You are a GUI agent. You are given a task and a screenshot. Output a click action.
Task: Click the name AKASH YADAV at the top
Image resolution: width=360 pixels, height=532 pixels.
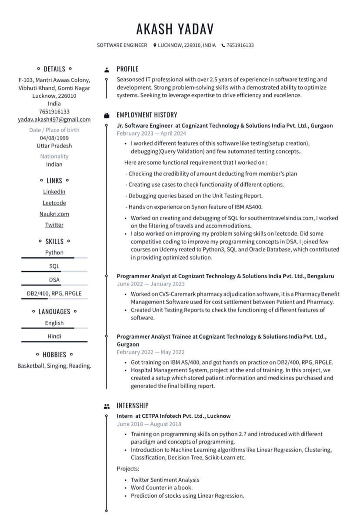tap(175, 29)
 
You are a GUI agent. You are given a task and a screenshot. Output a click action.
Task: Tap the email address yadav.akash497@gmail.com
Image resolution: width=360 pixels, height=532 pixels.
tap(54, 120)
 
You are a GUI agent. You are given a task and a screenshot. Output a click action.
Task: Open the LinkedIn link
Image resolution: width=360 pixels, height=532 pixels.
tap(54, 192)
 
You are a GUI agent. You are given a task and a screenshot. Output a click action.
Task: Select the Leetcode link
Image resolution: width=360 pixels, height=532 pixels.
tap(54, 203)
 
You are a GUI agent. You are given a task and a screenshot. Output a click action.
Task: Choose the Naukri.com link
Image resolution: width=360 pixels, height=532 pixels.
tap(54, 214)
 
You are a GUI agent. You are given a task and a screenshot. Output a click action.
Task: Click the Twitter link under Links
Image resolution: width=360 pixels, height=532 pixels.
tap(54, 225)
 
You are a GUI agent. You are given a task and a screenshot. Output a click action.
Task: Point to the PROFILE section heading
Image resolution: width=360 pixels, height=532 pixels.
tap(127, 69)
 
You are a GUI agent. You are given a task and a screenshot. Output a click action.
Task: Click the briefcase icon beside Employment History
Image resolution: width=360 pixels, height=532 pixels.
tap(107, 115)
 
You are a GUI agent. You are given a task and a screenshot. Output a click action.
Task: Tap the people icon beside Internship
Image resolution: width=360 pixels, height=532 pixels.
tap(107, 406)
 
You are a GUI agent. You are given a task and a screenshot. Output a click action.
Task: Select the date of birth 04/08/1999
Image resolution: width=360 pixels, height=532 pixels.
tap(54, 138)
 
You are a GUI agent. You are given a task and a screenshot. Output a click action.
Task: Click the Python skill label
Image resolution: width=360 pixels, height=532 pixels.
tap(54, 253)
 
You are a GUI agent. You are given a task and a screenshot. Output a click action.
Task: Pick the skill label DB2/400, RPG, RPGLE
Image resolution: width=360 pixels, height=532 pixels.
tap(54, 293)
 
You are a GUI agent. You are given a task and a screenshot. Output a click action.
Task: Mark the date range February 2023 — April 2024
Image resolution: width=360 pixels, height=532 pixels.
tap(151, 133)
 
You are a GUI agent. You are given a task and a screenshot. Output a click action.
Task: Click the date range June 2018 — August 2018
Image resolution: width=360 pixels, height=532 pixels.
tap(149, 424)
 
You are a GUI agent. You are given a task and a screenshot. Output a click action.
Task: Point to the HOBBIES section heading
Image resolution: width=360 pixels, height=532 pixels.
tap(54, 355)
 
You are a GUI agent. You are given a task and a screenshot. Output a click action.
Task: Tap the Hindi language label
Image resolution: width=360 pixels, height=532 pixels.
tap(54, 336)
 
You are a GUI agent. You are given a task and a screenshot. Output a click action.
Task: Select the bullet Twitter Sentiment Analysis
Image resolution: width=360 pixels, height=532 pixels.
tap(165, 480)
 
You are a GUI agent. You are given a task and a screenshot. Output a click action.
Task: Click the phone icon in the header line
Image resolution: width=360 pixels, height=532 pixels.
tap(223, 45)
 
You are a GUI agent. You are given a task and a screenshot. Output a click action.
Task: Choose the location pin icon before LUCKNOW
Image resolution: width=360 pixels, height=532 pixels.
tap(155, 45)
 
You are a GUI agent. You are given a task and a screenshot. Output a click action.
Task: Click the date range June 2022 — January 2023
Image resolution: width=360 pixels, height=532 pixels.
tap(151, 284)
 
